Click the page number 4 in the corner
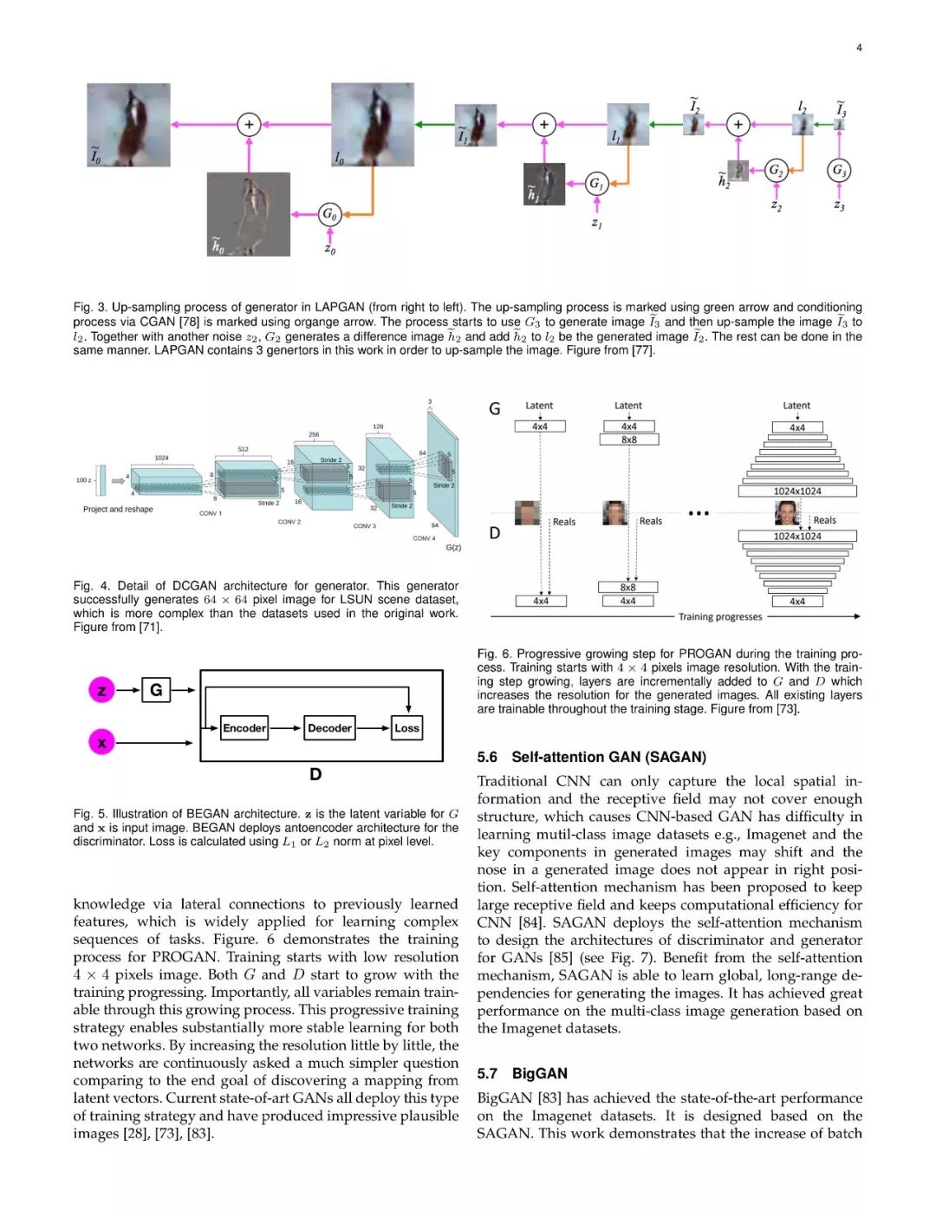(859, 48)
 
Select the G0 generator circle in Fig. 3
(329, 213)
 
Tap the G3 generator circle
(838, 170)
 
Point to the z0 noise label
(329, 250)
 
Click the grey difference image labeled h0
(248, 214)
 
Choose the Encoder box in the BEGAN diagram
(244, 728)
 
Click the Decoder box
(329, 728)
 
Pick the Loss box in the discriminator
(406, 728)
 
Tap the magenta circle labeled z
(101, 690)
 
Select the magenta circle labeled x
(101, 743)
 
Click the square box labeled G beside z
(156, 690)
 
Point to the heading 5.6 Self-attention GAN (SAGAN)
(591, 757)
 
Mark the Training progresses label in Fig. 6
(719, 617)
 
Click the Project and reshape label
(118, 510)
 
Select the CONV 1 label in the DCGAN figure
(211, 513)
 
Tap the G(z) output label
(453, 547)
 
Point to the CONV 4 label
(423, 538)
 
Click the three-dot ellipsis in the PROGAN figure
(699, 513)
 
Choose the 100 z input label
(83, 480)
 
